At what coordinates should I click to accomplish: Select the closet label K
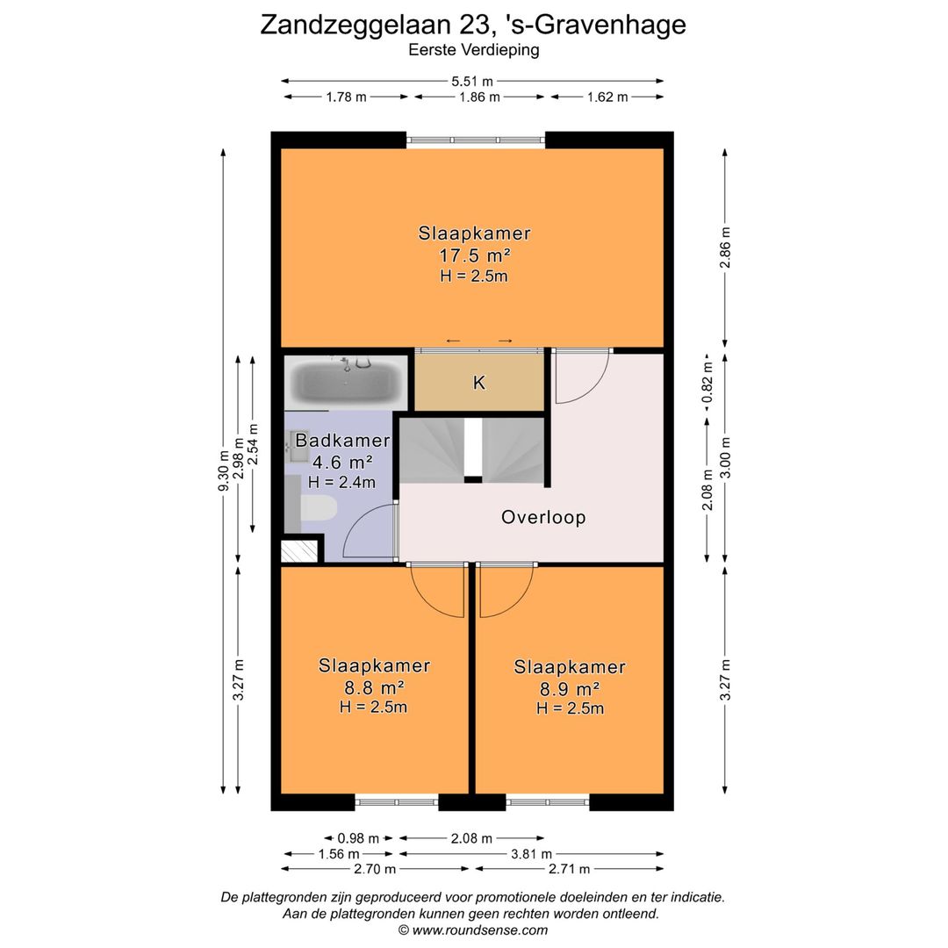pyautogui.click(x=478, y=383)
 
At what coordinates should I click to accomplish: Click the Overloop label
pyautogui.click(x=543, y=517)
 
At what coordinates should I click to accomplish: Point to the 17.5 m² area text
pyautogui.click(x=474, y=255)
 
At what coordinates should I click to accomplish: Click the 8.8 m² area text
pyautogui.click(x=374, y=687)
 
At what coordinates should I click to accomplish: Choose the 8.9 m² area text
pyautogui.click(x=570, y=688)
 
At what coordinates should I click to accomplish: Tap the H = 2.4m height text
pyautogui.click(x=341, y=482)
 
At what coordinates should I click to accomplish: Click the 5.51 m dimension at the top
pyautogui.click(x=472, y=81)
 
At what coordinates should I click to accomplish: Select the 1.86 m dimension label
pyautogui.click(x=479, y=97)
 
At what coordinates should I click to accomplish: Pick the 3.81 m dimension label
pyautogui.click(x=530, y=853)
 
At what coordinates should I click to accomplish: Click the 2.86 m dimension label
pyautogui.click(x=725, y=248)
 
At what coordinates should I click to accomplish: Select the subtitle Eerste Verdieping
pyautogui.click(x=474, y=51)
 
